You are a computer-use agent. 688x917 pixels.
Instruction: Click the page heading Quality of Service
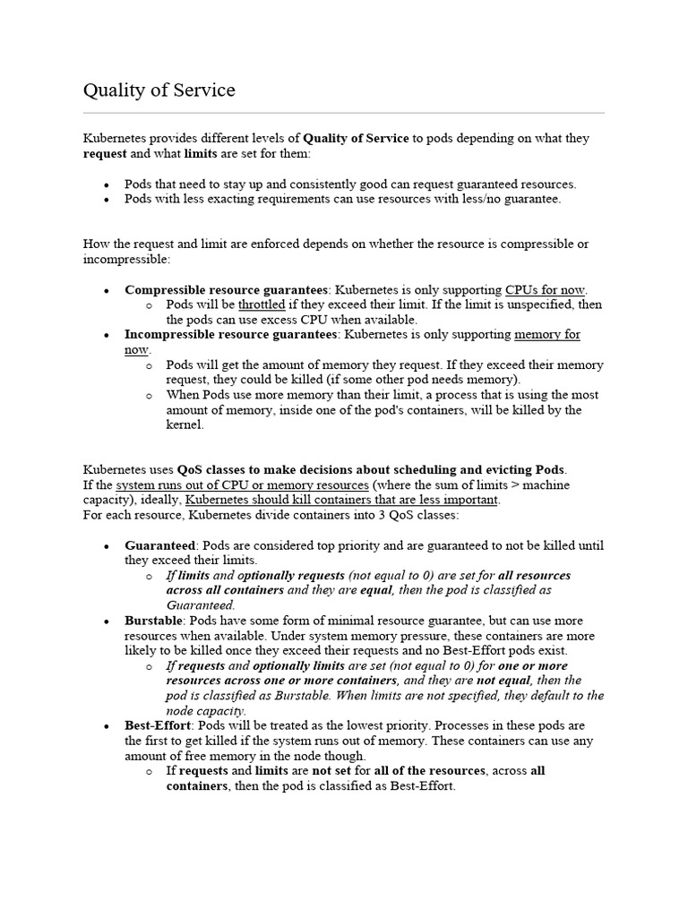point(159,90)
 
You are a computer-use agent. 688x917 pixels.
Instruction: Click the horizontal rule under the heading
point(343,114)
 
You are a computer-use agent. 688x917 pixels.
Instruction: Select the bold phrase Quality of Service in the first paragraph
point(356,139)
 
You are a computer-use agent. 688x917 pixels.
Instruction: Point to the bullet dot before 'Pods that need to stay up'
point(107,184)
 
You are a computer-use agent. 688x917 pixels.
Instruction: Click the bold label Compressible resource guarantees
point(226,289)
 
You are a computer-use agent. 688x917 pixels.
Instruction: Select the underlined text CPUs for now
point(545,289)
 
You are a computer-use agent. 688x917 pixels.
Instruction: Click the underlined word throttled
point(262,304)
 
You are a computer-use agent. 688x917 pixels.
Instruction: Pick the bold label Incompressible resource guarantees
point(231,334)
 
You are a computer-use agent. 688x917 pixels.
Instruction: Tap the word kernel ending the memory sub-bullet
point(185,424)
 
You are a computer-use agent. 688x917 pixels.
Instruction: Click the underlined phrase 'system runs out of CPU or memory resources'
point(242,484)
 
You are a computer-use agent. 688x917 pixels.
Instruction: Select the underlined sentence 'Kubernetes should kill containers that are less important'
point(342,500)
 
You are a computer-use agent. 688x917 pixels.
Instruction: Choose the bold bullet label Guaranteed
point(159,545)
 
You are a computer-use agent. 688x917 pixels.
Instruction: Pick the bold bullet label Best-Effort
point(158,725)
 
